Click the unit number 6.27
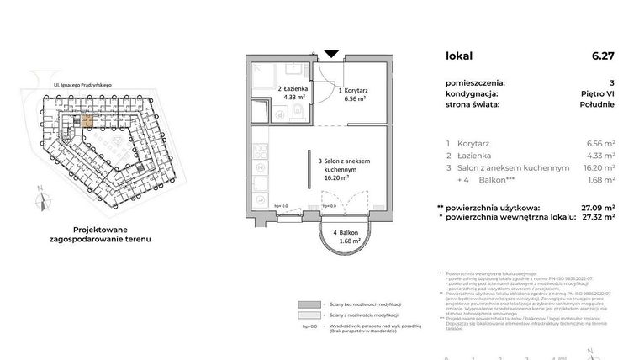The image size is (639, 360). (x=602, y=56)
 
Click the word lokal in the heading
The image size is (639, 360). (x=459, y=56)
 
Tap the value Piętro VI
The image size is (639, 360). (x=598, y=94)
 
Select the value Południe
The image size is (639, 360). (x=597, y=105)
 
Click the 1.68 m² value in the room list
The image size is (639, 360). (x=600, y=179)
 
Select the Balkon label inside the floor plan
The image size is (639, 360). (x=346, y=232)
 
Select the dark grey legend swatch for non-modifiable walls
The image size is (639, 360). (x=309, y=304)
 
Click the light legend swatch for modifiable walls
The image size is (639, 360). (x=309, y=315)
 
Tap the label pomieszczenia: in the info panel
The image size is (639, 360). (x=476, y=82)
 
